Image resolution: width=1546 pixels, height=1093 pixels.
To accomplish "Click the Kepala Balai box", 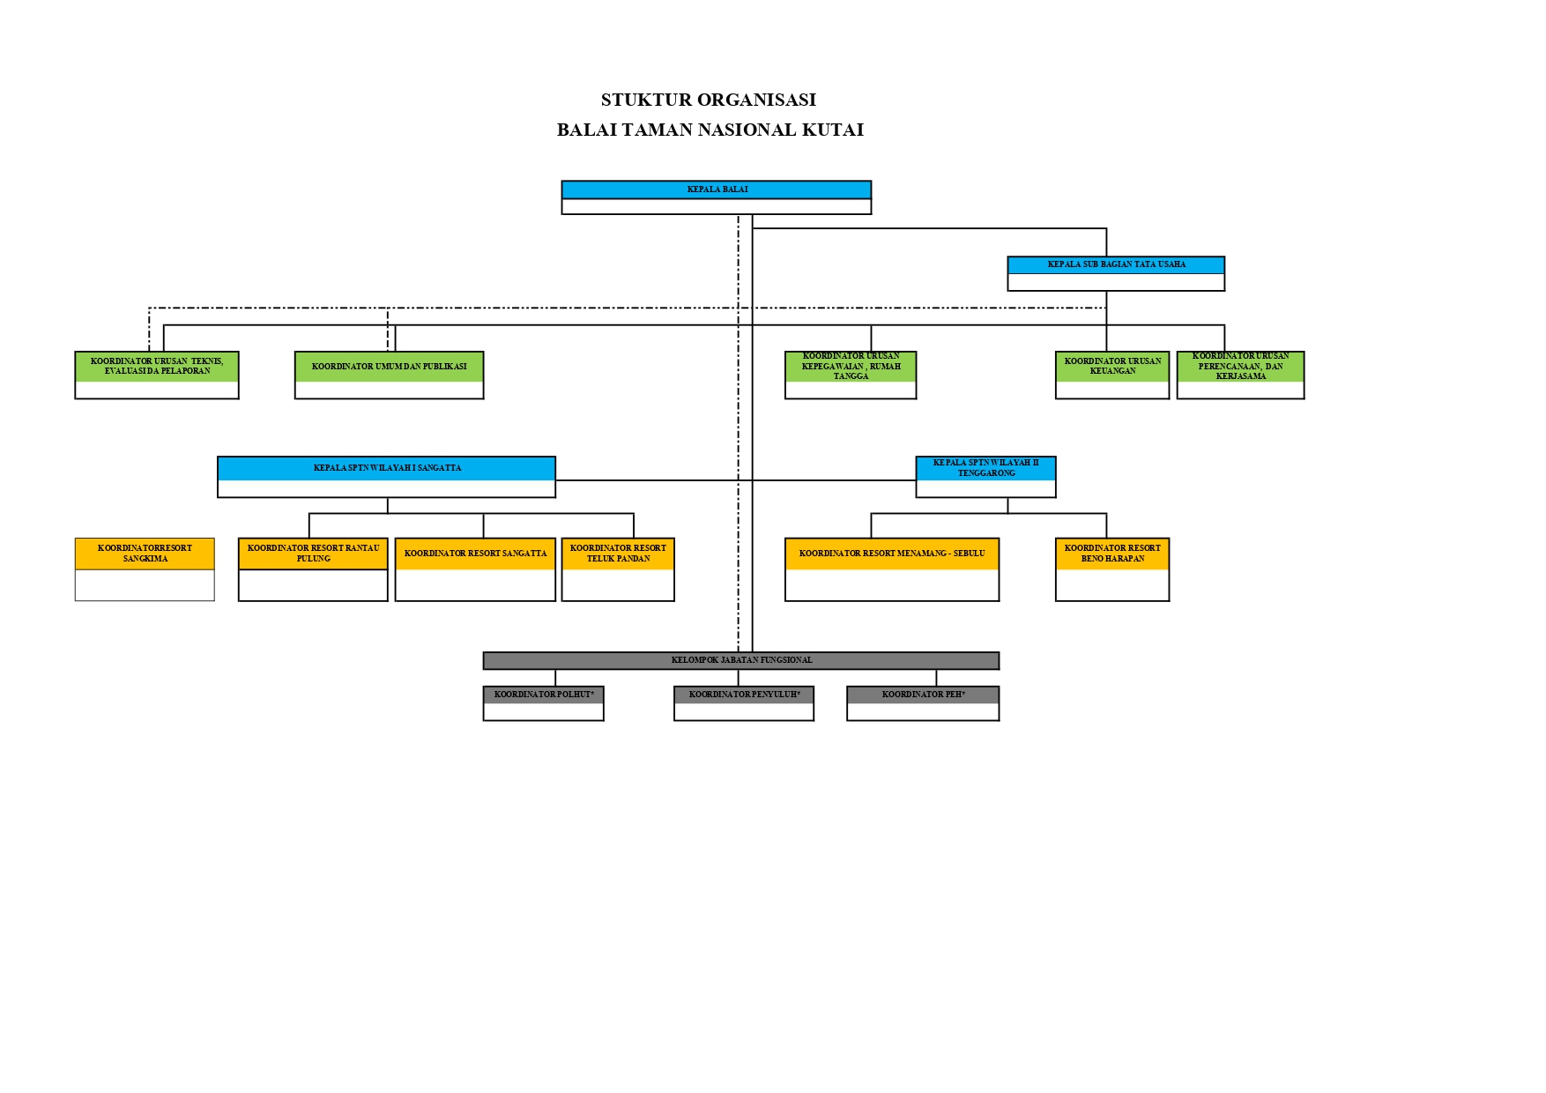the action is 717,197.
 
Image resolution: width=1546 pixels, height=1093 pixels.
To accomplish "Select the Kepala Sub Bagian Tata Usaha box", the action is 1116,273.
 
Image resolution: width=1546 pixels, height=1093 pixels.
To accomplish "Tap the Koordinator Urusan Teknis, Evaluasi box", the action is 157,375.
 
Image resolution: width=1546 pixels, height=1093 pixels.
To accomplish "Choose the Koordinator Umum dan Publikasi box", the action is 389,375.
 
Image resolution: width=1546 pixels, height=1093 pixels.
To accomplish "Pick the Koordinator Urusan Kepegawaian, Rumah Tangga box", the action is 851,375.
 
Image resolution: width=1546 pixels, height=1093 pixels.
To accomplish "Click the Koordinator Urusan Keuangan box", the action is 1112,375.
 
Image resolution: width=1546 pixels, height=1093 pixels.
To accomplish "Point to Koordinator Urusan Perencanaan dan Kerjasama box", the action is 1240,375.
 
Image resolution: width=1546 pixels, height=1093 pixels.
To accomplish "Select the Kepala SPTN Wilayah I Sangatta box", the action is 386,477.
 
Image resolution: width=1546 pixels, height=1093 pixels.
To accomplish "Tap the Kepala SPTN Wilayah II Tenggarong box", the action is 985,477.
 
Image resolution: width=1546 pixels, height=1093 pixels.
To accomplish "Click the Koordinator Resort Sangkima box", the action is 145,569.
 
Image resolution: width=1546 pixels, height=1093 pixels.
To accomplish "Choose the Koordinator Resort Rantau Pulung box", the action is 313,569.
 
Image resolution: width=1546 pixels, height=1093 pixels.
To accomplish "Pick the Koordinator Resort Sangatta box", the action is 475,569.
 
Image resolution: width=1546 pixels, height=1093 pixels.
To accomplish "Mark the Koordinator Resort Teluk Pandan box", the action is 618,569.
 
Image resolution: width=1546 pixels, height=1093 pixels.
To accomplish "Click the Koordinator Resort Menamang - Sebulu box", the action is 892,569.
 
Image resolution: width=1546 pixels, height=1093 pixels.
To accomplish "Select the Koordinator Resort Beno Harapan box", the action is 1112,569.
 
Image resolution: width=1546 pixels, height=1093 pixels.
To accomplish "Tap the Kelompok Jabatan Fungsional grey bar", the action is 741,660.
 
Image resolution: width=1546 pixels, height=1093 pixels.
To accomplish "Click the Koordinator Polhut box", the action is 543,703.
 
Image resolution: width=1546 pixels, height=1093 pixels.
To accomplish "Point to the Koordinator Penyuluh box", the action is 744,703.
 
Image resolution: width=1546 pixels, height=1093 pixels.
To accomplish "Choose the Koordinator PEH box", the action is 923,703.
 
